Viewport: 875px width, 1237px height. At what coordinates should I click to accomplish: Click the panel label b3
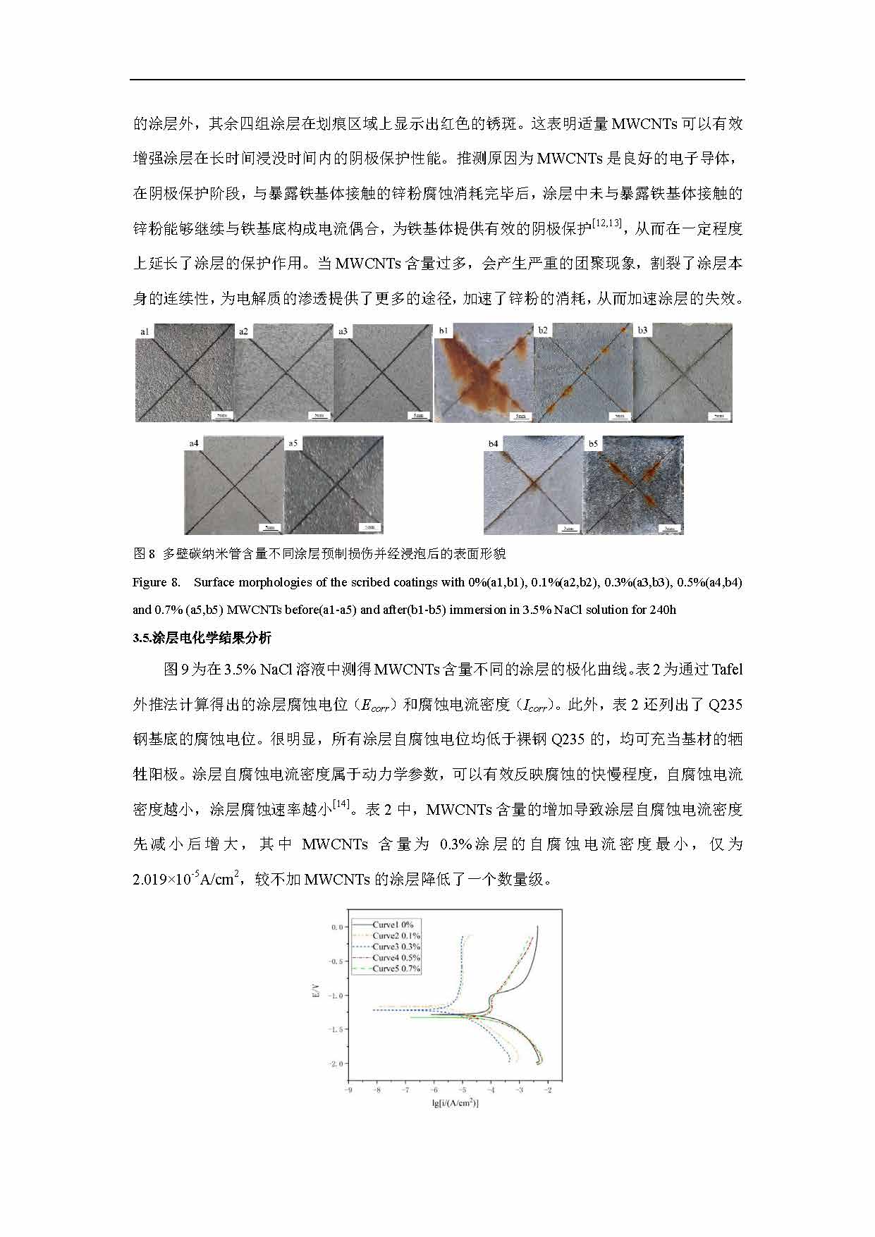[642, 330]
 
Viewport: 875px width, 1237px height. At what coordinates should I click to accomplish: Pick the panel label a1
[145, 331]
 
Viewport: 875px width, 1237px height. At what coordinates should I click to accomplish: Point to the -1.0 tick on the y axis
[336, 995]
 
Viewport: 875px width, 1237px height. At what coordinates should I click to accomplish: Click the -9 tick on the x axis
[348, 1090]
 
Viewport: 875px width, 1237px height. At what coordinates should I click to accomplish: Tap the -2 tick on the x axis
[548, 1090]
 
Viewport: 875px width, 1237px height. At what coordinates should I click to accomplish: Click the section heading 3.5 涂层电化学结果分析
[202, 638]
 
